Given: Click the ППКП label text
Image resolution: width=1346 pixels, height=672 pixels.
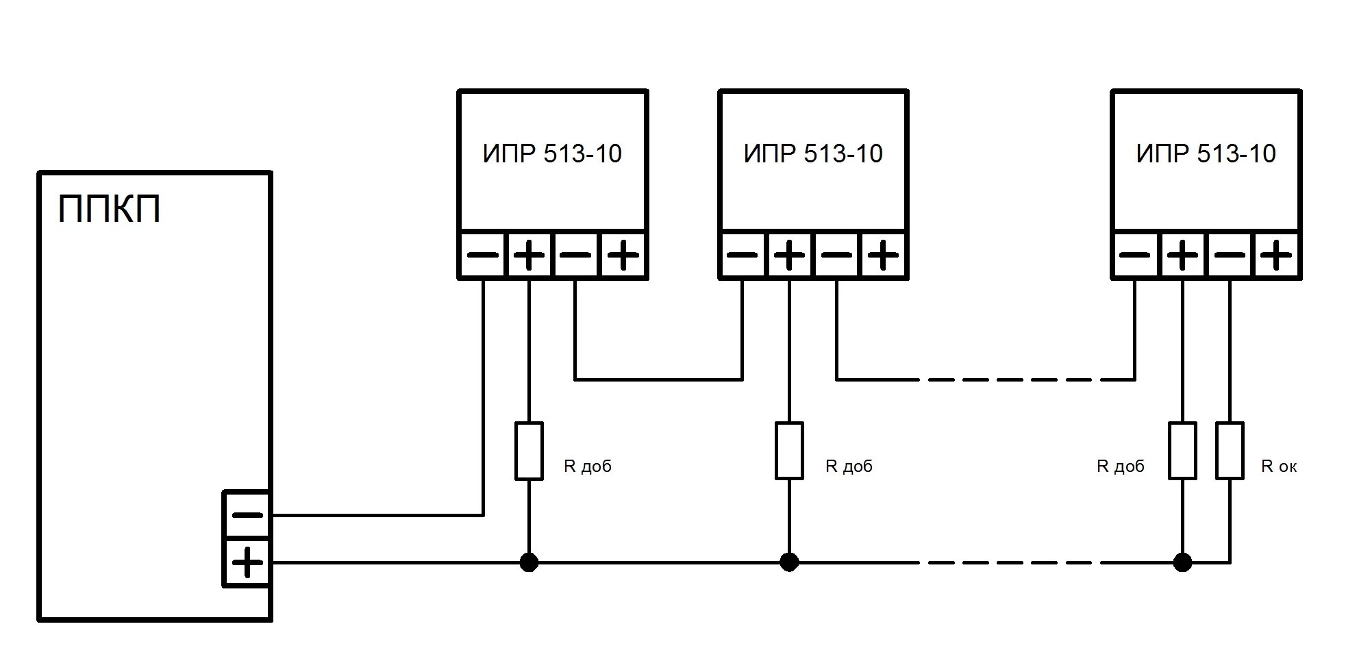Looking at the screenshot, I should (110, 209).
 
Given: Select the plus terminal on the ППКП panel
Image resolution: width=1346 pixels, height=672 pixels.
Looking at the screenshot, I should (247, 563).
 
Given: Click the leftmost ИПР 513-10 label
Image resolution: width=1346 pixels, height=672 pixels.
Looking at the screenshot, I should (552, 153).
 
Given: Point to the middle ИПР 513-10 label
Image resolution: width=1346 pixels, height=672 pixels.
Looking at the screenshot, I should (813, 153).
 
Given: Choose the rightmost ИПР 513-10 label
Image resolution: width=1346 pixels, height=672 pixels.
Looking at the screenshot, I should (1206, 153).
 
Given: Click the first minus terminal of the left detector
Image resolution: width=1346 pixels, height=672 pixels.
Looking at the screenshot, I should (483, 256).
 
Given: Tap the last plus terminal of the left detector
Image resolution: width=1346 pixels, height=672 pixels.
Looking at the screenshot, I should (623, 256).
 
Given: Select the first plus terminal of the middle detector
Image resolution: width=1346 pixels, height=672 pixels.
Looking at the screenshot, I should (789, 256).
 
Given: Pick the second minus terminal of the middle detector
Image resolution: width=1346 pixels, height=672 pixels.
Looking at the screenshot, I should (836, 256).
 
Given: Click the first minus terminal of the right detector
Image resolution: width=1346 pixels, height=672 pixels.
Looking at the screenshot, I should (1135, 256).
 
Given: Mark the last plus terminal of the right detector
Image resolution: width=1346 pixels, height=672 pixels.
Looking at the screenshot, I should (1276, 256).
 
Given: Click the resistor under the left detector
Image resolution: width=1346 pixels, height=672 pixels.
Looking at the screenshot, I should (529, 450).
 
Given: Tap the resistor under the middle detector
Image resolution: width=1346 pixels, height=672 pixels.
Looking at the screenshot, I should (789, 450).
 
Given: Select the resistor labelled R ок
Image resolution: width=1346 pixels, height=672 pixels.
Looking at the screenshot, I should (1230, 450).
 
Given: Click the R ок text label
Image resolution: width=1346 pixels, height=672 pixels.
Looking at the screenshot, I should (1279, 466).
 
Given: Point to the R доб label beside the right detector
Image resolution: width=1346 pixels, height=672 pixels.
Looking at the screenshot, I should (1121, 466).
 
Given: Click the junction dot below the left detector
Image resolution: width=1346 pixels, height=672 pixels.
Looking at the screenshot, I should (529, 562).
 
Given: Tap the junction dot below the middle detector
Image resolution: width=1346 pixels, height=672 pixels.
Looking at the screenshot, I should (789, 562).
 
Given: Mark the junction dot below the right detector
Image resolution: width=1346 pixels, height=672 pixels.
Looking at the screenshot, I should (1182, 562).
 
